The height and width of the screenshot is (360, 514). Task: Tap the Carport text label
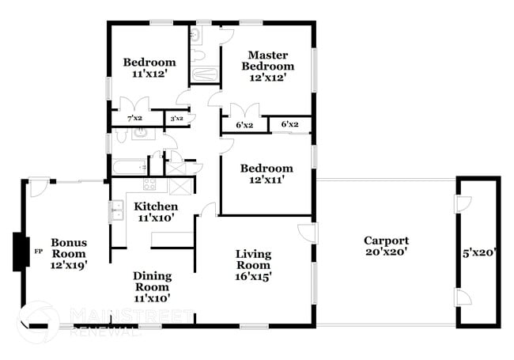(x=386, y=246)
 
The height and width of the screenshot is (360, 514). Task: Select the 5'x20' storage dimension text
(x=479, y=253)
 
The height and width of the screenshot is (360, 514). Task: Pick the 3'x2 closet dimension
(x=176, y=119)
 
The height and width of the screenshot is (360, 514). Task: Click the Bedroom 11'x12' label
(x=149, y=68)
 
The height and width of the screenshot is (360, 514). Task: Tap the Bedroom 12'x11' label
(x=266, y=173)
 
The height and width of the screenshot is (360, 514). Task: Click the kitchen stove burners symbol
(x=148, y=185)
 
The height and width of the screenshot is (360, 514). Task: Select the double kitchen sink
(x=116, y=210)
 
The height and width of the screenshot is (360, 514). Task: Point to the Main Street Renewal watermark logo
(x=40, y=321)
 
